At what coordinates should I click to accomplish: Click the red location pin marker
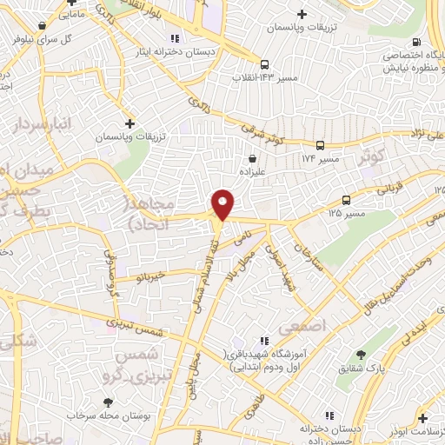224,204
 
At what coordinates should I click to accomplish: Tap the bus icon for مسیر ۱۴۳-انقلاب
265,63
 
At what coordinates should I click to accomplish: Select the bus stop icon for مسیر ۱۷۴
321,145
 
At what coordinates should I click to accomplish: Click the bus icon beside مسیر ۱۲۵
347,199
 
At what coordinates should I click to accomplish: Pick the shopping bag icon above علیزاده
252,158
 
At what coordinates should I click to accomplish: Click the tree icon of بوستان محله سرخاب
108,402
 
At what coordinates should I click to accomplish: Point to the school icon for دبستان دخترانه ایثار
175,38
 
